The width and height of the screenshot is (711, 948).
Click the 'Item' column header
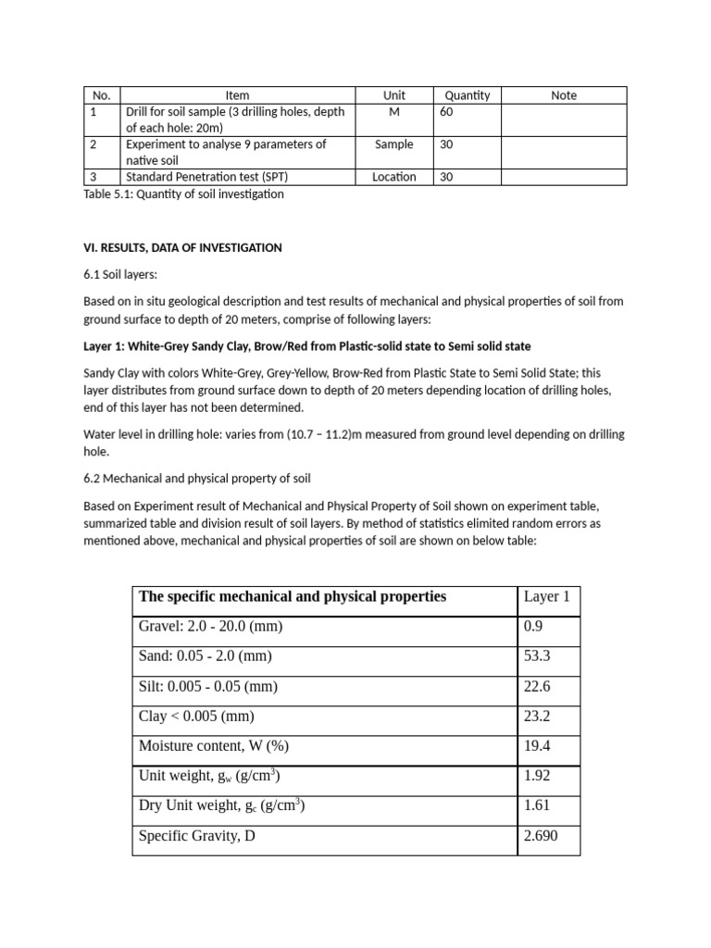(x=237, y=95)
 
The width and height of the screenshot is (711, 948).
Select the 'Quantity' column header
(x=467, y=95)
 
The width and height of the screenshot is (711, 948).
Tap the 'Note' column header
(x=563, y=95)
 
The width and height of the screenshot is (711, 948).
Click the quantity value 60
(x=447, y=112)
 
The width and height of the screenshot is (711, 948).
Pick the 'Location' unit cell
(x=393, y=177)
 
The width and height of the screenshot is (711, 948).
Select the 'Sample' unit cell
(x=393, y=144)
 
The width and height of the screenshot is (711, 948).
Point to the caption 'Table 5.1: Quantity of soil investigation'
(x=183, y=194)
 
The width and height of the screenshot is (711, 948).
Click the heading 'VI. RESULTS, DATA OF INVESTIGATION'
(x=182, y=248)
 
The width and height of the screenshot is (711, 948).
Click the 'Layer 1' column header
(x=546, y=597)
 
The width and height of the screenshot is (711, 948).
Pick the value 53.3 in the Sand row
(x=537, y=656)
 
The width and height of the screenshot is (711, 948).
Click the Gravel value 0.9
(x=533, y=627)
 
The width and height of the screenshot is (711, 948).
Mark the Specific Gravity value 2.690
(x=541, y=837)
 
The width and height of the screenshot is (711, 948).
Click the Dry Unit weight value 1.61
(x=537, y=806)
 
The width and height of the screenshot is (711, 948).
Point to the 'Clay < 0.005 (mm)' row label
(x=196, y=717)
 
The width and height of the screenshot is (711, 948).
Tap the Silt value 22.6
(x=537, y=687)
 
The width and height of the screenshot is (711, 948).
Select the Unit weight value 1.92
(x=537, y=777)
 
